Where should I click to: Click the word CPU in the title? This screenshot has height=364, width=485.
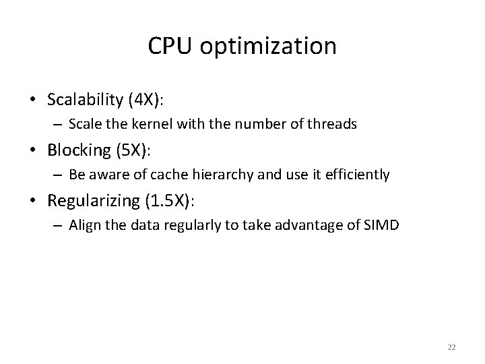click(172, 46)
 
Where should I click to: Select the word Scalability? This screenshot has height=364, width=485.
click(84, 100)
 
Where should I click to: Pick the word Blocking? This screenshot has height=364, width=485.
click(77, 150)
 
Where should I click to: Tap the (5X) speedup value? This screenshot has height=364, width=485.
click(129, 150)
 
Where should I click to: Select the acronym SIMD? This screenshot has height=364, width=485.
click(383, 226)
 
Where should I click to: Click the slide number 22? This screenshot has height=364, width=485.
click(451, 346)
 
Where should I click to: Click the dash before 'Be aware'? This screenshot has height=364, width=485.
click(59, 175)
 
